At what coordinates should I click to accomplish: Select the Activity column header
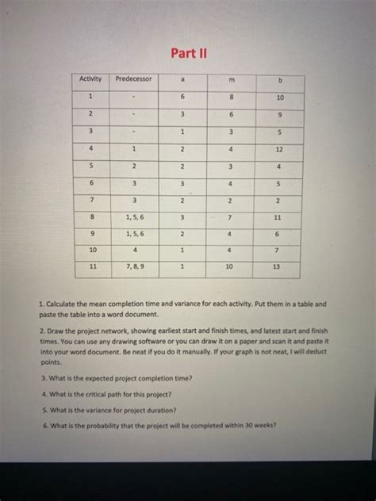click(x=91, y=78)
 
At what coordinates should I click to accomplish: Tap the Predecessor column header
click(x=135, y=78)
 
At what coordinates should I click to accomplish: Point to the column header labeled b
click(x=279, y=79)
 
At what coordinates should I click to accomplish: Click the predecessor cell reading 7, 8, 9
click(x=135, y=268)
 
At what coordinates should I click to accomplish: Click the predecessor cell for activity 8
click(x=135, y=216)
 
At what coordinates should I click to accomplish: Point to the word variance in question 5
click(x=89, y=409)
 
